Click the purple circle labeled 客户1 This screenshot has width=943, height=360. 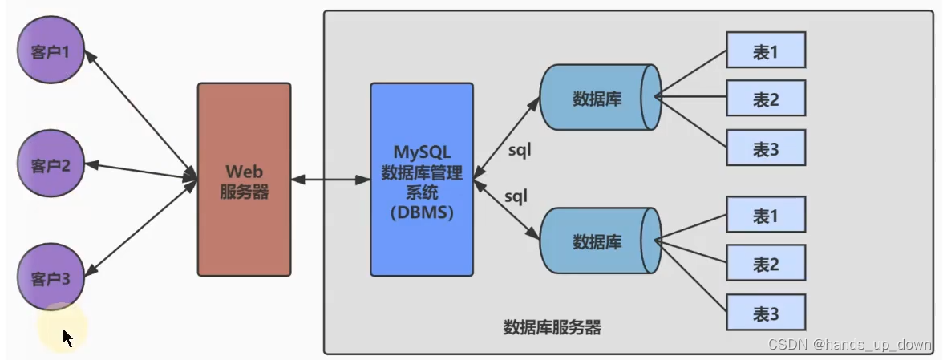point(51,52)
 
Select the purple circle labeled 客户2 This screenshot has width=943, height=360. point(51,165)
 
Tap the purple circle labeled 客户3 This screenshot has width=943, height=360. point(51,277)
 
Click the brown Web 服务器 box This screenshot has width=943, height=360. point(244,180)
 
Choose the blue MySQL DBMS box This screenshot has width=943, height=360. point(422,180)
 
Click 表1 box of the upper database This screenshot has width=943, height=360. point(765,51)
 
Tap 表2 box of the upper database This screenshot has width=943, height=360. point(765,99)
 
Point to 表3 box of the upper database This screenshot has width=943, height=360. point(765,148)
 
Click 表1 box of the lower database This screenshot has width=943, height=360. point(765,216)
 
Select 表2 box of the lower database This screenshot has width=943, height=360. point(765,264)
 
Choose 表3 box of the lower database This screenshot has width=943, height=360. point(765,313)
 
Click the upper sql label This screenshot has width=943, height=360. point(520,149)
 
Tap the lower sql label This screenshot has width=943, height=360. point(516,196)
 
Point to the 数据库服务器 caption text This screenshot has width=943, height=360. point(552,327)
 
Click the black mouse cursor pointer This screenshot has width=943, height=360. point(68,338)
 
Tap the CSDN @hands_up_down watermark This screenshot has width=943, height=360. point(849,344)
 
